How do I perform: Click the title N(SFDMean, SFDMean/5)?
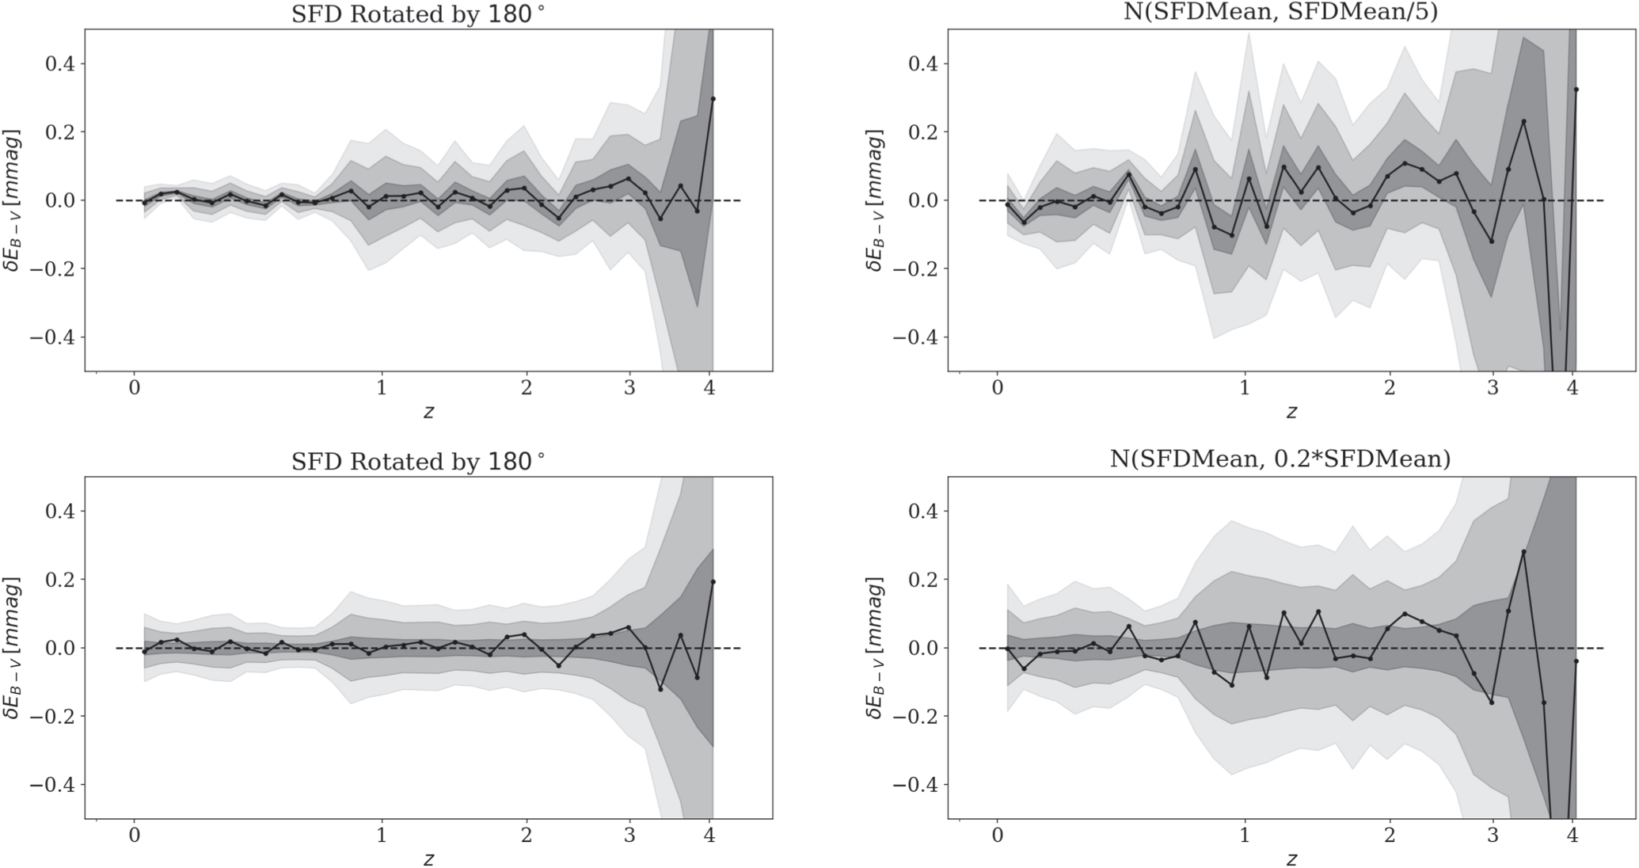1280,13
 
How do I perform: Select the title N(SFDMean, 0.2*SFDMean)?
1280,459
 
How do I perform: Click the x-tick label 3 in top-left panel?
629,388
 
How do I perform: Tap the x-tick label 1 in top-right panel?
1245,388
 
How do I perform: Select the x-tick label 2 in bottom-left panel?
527,836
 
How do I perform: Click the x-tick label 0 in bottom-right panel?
998,836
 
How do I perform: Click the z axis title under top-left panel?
428,412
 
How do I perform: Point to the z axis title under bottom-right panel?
1291,858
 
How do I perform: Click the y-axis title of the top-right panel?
876,200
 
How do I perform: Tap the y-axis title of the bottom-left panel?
13,647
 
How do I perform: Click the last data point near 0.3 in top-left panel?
713,99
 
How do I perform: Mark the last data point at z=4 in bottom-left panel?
713,582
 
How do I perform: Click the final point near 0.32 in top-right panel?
1576,89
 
